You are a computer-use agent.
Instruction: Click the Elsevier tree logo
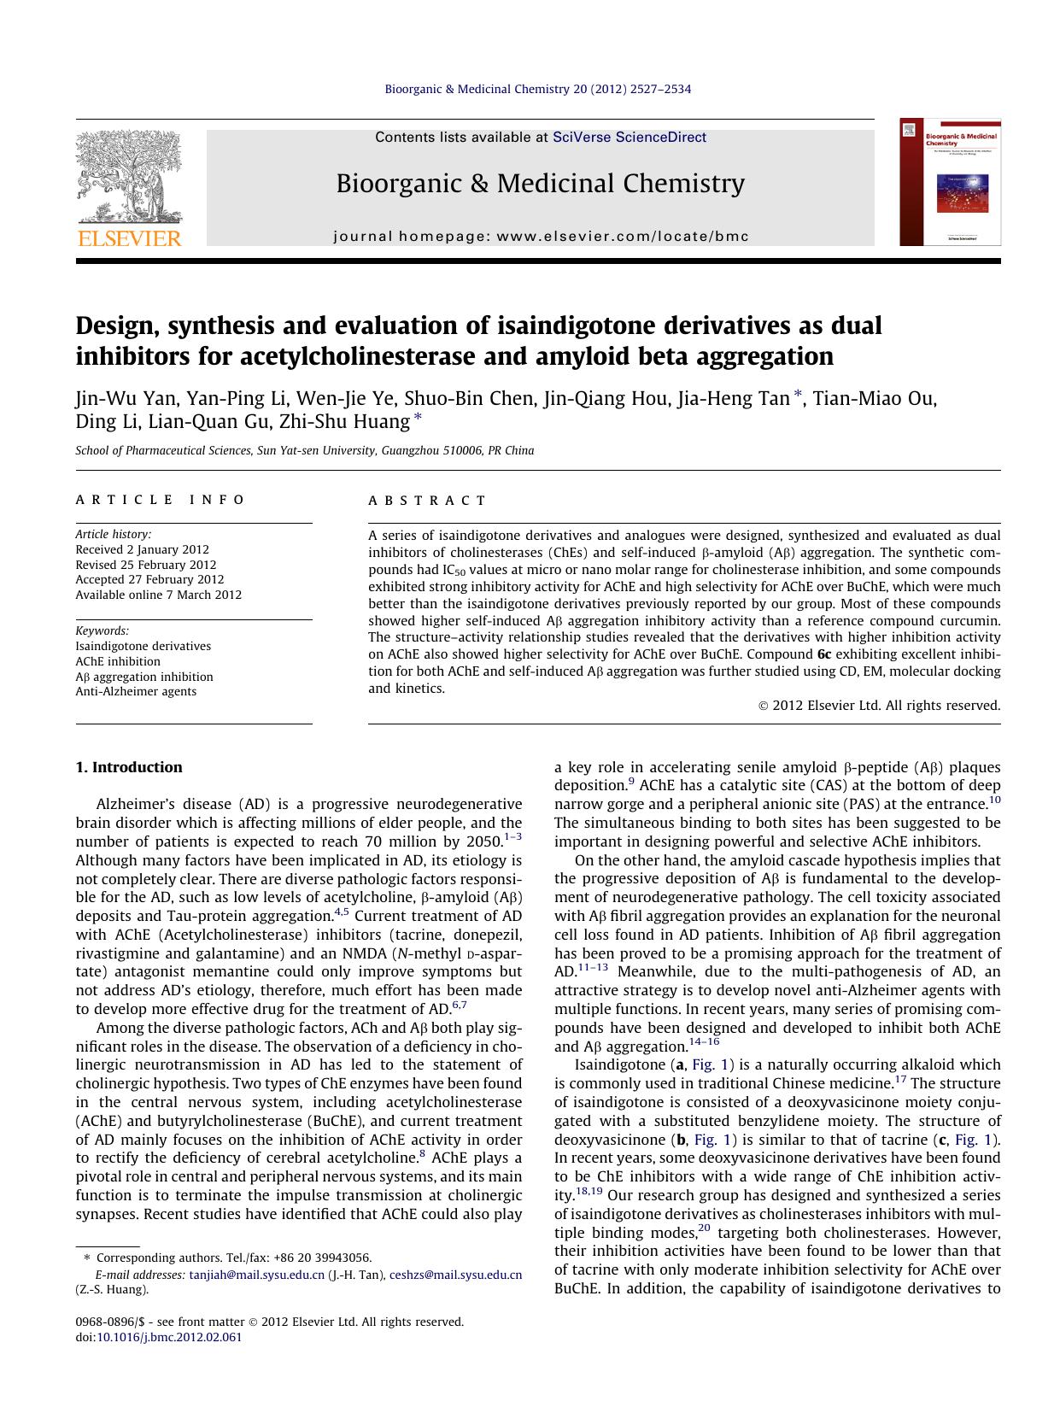click(x=128, y=178)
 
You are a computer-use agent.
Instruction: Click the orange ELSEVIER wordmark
click(x=129, y=238)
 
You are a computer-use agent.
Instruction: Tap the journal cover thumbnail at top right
click(x=950, y=182)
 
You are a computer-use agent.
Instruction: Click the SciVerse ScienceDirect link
click(x=630, y=137)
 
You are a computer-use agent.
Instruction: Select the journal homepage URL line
click(x=541, y=237)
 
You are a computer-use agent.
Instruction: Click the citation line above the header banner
click(x=538, y=89)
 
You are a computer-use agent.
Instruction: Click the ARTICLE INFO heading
click(x=161, y=500)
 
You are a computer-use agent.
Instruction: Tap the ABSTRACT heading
click(x=427, y=501)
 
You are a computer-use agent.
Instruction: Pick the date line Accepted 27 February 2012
click(x=149, y=579)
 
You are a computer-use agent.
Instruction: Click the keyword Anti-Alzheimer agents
click(x=136, y=691)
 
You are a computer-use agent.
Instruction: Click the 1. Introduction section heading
click(x=129, y=767)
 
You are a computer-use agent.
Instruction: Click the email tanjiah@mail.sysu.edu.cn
click(x=256, y=1275)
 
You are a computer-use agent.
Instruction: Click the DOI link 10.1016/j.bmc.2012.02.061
click(x=168, y=1337)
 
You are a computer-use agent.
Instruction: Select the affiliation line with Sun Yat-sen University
click(x=305, y=451)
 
